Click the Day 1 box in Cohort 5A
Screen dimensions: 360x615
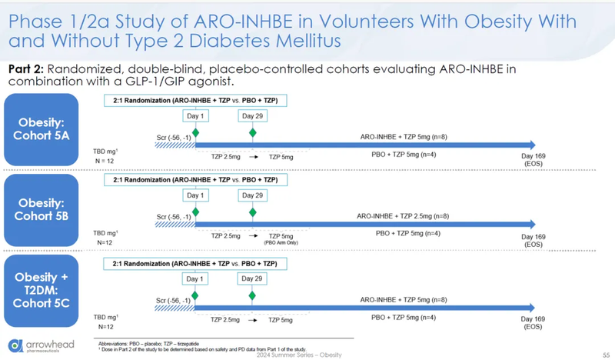[195, 116]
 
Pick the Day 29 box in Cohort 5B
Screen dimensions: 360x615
[251, 196]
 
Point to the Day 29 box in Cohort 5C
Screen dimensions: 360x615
[251, 278]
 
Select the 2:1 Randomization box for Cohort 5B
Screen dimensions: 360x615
[196, 180]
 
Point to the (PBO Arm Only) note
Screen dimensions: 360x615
[280, 243]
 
